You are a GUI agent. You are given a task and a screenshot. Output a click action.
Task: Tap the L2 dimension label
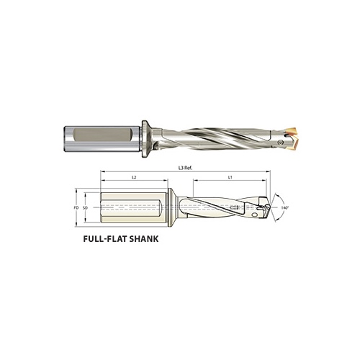pos(134,177)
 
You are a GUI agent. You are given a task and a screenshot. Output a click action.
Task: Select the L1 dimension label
pos(229,177)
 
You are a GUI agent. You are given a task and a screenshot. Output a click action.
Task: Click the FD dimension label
pos(76,207)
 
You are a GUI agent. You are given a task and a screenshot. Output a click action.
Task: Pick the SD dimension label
pos(86,207)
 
